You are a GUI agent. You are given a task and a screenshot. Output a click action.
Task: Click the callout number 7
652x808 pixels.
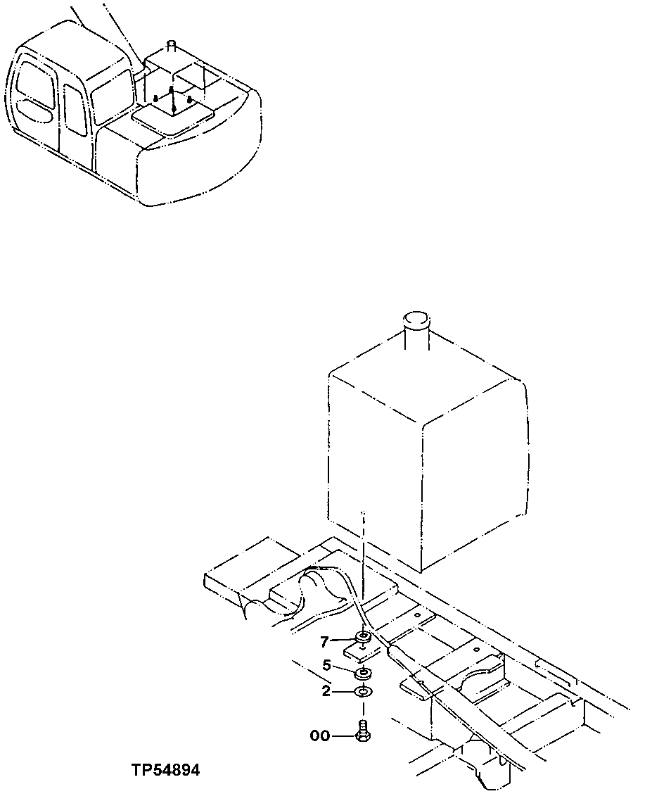(324, 641)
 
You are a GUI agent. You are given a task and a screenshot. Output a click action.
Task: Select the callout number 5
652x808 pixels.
(326, 665)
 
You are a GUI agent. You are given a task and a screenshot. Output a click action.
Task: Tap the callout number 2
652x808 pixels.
(326, 692)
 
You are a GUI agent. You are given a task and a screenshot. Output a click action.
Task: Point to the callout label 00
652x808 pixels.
(319, 736)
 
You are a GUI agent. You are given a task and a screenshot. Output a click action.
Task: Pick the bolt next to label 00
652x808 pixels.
(364, 732)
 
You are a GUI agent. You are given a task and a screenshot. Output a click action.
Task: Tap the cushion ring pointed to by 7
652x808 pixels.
(364, 638)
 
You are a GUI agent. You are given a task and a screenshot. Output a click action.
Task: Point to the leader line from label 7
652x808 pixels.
(342, 640)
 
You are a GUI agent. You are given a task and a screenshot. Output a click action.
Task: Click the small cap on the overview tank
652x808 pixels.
(171, 46)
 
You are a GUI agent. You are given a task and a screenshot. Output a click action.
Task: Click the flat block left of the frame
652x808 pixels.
(239, 570)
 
